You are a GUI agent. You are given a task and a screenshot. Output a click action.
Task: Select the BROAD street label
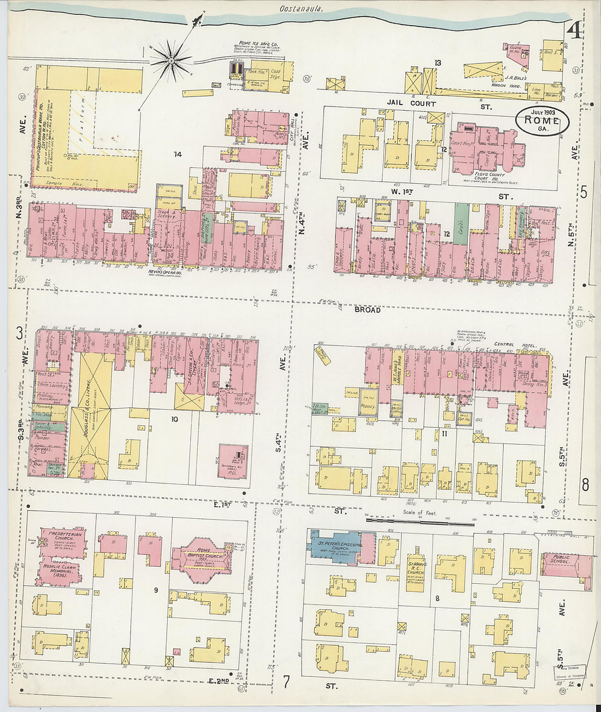point(367,309)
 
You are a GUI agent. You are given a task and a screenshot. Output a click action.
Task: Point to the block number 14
point(177,155)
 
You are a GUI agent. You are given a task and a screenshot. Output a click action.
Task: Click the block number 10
point(174,420)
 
